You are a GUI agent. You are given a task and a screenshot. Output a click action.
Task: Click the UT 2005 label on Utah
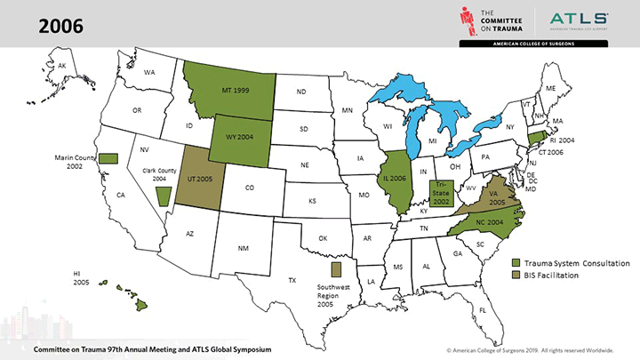coord(198,179)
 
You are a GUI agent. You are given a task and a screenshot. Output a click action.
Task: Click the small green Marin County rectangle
coord(108,157)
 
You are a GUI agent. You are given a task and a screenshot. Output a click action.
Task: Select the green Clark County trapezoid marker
coord(162,195)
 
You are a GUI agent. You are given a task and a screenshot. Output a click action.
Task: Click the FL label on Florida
coord(484,309)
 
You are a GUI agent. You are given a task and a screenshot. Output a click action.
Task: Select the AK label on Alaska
coord(62,66)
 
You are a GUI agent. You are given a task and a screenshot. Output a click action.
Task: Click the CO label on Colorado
coord(249,188)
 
